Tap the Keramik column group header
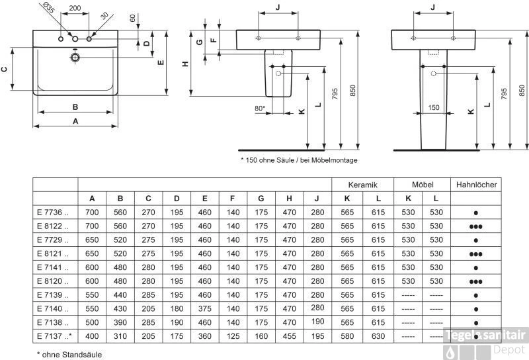(362, 185)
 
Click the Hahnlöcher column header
(477, 185)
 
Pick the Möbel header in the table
(422, 185)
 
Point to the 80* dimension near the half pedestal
(259, 107)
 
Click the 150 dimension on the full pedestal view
(433, 107)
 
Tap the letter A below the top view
(75, 121)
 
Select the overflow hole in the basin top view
(76, 58)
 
